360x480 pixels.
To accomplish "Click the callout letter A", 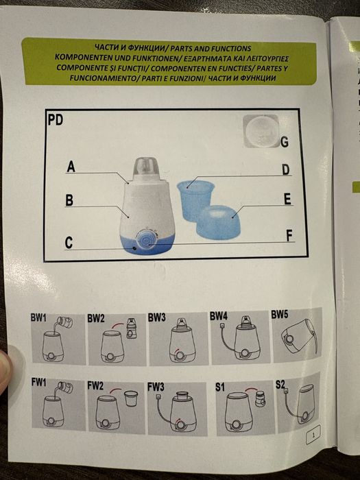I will click(70, 166).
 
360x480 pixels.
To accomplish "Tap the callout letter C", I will click(69, 243).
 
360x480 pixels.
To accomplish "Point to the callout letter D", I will click(285, 169).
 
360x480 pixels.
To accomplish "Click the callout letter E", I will click(287, 200).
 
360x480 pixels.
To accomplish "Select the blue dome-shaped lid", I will click(227, 220).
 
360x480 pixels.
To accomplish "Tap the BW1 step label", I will click(39, 319).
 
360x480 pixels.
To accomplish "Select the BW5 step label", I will click(280, 315).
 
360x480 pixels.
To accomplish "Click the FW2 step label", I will click(96, 386).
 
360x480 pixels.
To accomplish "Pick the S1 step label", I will click(220, 387).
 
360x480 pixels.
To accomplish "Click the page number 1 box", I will click(313, 434).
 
